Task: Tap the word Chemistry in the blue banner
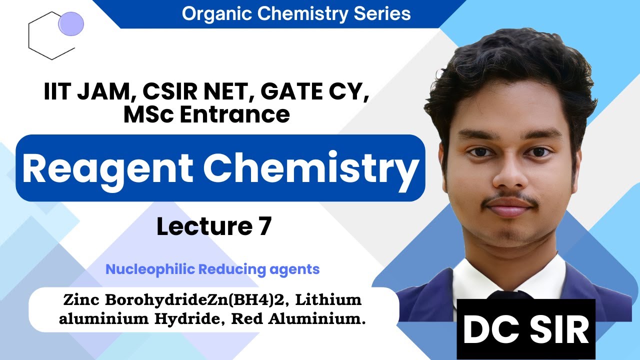pos(310,168)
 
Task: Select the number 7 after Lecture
pos(264,226)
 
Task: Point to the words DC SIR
pos(526,330)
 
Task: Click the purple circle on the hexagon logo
pos(71,23)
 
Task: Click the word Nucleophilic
pos(150,269)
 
